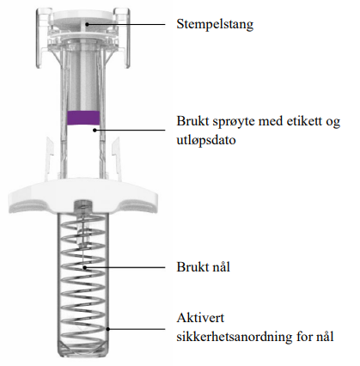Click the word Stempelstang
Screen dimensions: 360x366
coord(215,24)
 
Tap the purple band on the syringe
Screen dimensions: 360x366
coord(83,118)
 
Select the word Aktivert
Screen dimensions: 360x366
coord(200,318)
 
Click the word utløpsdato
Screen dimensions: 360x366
coord(206,140)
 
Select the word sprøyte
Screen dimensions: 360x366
coord(234,122)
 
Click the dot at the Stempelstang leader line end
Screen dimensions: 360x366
coord(87,24)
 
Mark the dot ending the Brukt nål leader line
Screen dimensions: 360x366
coord(85,267)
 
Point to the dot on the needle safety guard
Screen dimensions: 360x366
coord(108,329)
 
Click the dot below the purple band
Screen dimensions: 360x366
coord(95,130)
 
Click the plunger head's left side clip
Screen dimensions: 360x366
coord(43,37)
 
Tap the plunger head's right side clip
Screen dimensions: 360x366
coord(122,37)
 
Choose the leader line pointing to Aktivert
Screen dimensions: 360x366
coord(137,329)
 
